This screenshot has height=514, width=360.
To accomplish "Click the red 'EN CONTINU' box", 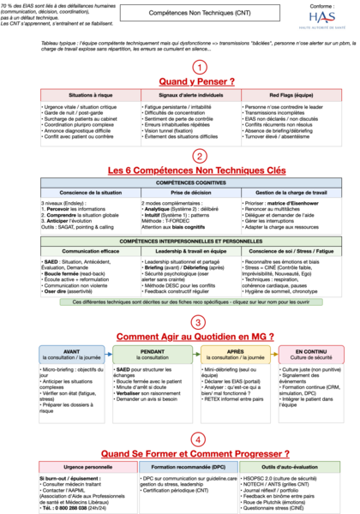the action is tap(306, 332).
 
